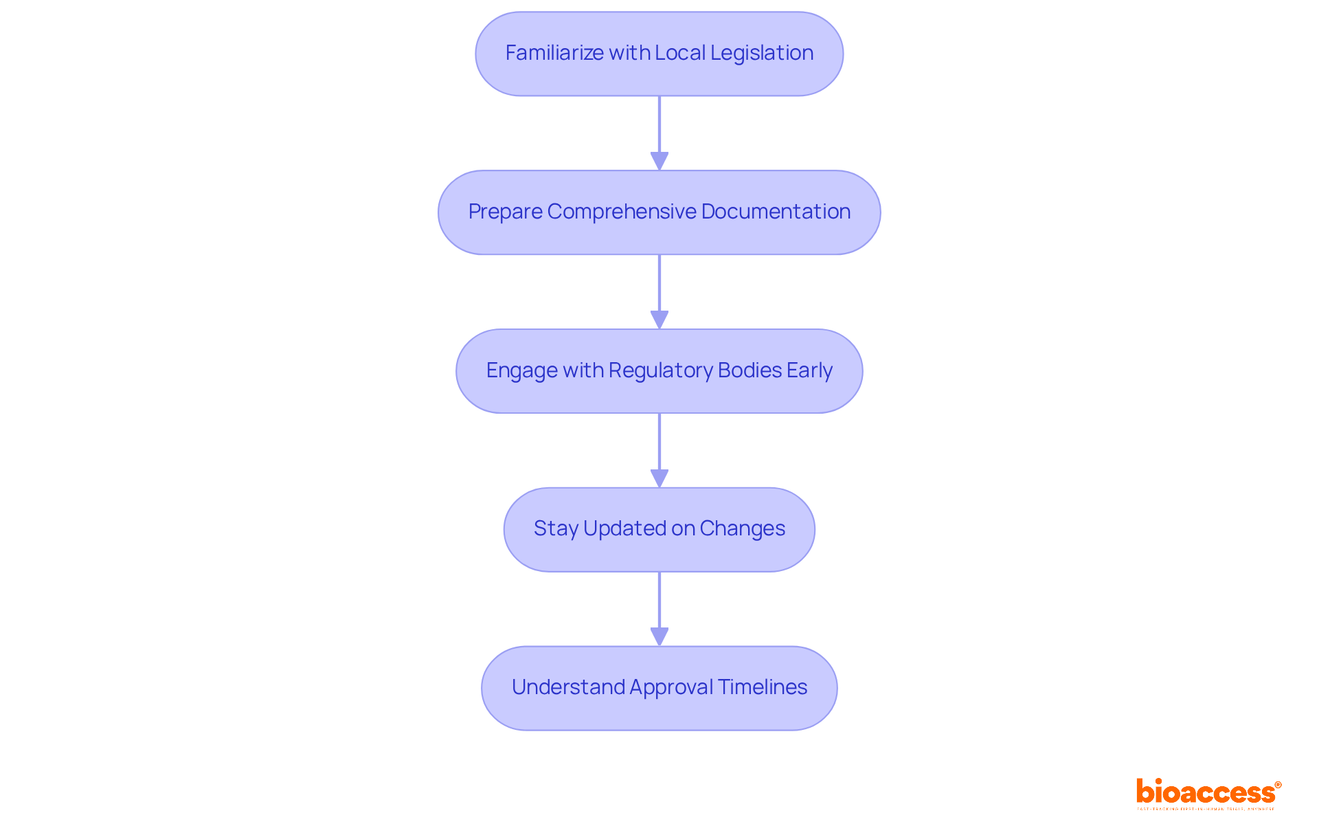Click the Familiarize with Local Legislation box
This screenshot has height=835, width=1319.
(659, 54)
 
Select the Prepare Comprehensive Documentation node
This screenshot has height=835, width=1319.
(659, 212)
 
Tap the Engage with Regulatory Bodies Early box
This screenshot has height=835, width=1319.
(659, 371)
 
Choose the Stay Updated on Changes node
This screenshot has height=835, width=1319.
(659, 530)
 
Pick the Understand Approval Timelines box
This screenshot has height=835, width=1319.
(659, 688)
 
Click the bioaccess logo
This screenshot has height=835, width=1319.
(1208, 792)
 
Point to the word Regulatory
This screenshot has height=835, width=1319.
(660, 371)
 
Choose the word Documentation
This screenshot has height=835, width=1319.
(776, 212)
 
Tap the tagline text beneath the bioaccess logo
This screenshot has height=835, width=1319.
(1206, 810)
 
